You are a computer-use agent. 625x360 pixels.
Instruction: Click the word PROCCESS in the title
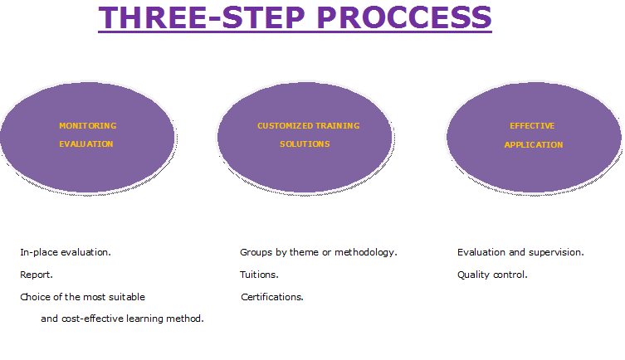pyautogui.click(x=404, y=17)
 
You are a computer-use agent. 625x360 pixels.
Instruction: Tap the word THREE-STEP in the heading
pyautogui.click(x=202, y=17)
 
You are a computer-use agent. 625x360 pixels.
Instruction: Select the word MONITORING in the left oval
pyautogui.click(x=88, y=126)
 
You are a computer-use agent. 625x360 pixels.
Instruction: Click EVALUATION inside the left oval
pyautogui.click(x=86, y=144)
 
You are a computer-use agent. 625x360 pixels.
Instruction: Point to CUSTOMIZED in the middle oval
pyautogui.click(x=286, y=126)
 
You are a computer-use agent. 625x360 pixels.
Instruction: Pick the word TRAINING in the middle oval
pyautogui.click(x=338, y=126)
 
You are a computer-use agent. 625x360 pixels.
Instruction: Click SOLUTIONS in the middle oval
pyautogui.click(x=305, y=144)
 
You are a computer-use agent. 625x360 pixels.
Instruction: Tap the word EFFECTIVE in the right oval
pyautogui.click(x=532, y=126)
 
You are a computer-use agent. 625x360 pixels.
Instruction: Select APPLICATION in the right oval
pyautogui.click(x=534, y=145)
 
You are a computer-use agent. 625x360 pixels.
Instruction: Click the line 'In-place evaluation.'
pyautogui.click(x=66, y=252)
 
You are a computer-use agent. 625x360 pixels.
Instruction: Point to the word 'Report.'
pyautogui.click(x=37, y=275)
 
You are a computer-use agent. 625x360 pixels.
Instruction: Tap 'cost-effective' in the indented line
pyautogui.click(x=92, y=319)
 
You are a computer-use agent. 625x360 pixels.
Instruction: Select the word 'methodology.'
pyautogui.click(x=366, y=252)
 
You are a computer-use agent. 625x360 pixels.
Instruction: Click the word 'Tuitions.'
pyautogui.click(x=259, y=275)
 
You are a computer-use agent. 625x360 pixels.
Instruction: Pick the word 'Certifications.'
pyautogui.click(x=272, y=297)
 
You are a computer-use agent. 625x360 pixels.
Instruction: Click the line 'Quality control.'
pyautogui.click(x=492, y=275)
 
